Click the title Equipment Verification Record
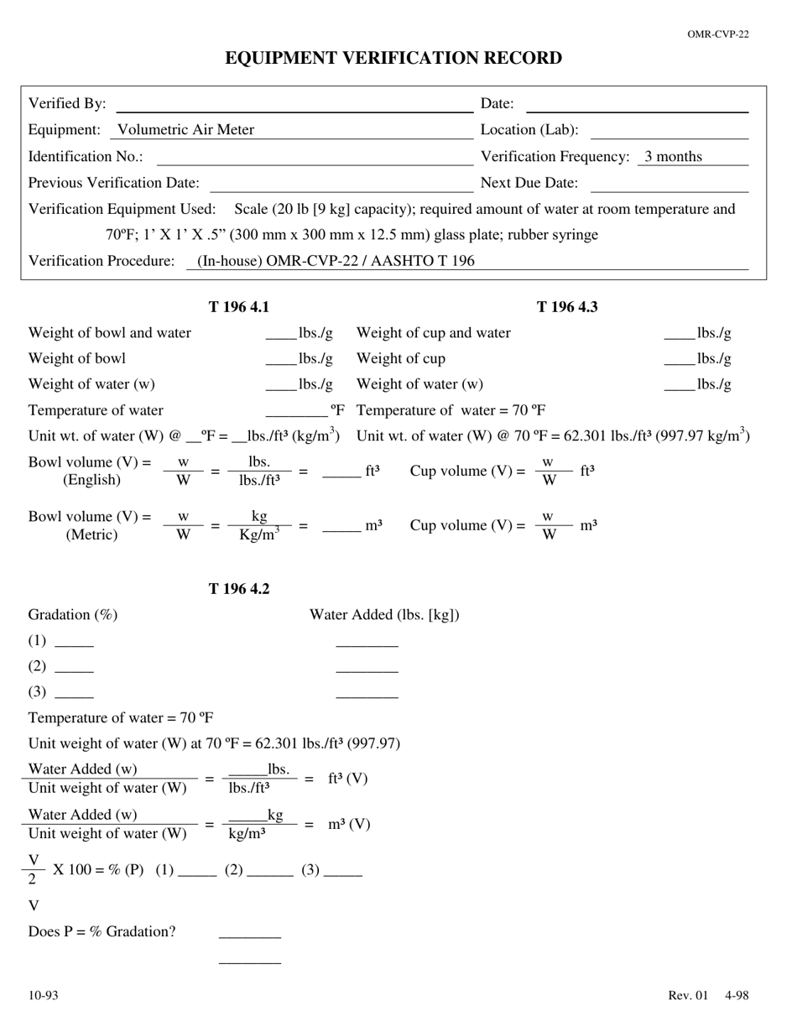point(393,58)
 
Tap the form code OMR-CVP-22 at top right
point(717,34)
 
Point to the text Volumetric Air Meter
point(185,130)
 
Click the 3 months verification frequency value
point(673,157)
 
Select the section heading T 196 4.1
point(239,307)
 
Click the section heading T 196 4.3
point(567,307)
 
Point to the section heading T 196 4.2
point(239,589)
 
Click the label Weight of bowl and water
point(110,333)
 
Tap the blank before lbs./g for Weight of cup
point(679,361)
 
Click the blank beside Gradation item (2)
point(74,668)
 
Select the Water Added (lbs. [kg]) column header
point(384,615)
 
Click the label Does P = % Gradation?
point(102,932)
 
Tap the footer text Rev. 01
point(688,996)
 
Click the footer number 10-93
point(44,996)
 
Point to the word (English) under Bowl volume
point(91,481)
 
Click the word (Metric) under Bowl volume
point(91,535)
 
